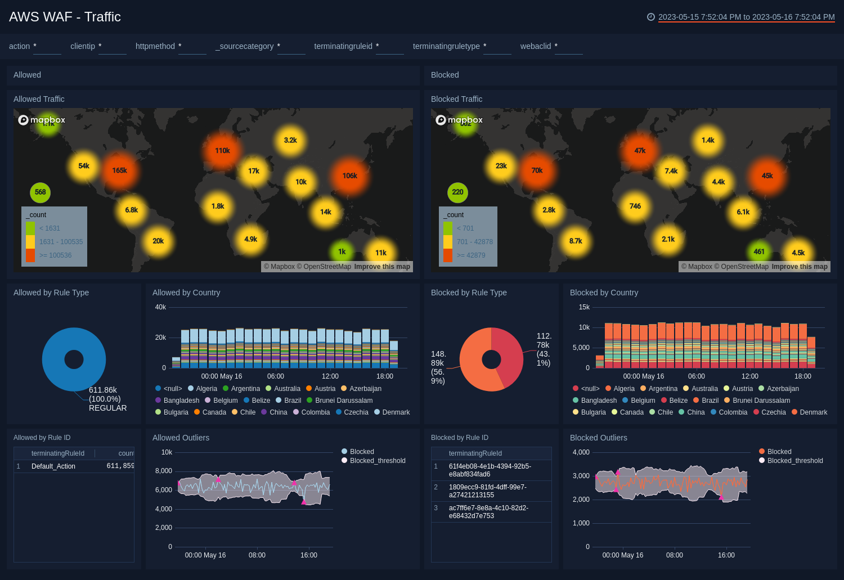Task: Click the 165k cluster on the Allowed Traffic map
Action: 119,170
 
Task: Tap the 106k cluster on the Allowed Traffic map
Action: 349,176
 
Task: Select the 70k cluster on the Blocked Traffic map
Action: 537,170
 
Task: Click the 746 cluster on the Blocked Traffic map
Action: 635,206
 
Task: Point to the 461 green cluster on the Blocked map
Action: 759,251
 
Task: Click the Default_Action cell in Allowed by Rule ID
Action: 53,466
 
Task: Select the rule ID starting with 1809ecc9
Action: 487,491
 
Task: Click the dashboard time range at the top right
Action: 746,17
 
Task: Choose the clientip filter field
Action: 112,47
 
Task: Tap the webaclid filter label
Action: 535,46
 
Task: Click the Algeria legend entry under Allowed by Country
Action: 206,389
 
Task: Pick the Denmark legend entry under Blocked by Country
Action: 813,412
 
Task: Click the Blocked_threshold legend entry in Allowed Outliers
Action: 377,461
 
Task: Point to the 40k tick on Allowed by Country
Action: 160,307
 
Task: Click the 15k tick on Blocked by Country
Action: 584,307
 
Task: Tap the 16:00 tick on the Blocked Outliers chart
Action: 726,555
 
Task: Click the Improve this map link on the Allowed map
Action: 382,267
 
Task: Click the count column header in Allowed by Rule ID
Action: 125,453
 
